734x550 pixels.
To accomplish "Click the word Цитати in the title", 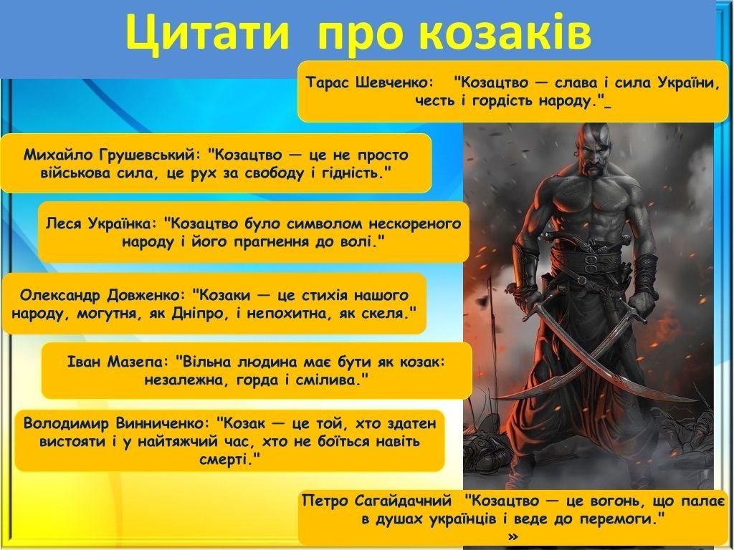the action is coord(207,33).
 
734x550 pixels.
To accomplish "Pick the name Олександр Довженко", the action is coord(103,295).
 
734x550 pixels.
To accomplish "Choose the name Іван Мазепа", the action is coord(117,362).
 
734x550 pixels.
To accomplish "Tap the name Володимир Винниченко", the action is coord(117,423).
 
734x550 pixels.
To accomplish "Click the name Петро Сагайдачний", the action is coord(377,501).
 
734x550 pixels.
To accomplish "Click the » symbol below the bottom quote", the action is coord(513,536).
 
